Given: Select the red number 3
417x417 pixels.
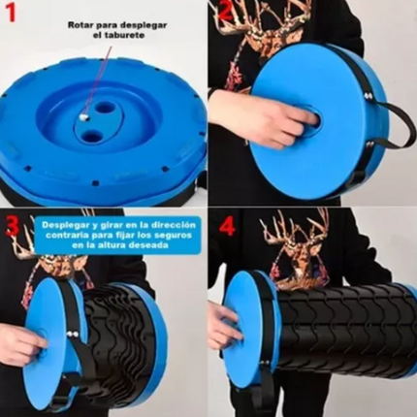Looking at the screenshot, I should point(13,225).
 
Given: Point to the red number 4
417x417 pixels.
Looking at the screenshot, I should point(227,227).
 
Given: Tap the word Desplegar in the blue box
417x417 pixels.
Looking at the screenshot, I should point(63,223).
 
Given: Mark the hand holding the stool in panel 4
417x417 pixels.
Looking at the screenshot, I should point(222,330).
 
